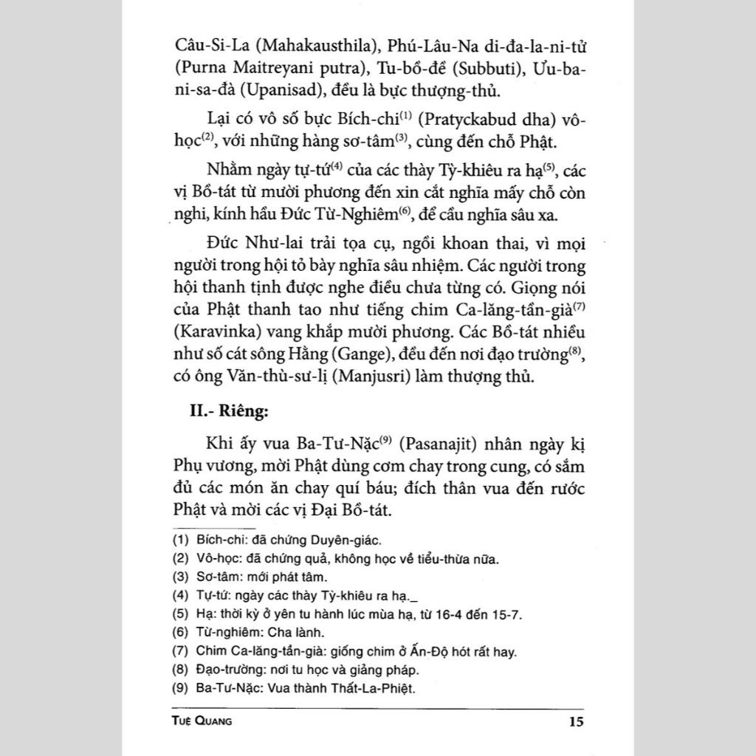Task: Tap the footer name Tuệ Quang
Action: click(201, 721)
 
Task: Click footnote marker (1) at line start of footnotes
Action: click(178, 539)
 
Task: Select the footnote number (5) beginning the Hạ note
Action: click(178, 615)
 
